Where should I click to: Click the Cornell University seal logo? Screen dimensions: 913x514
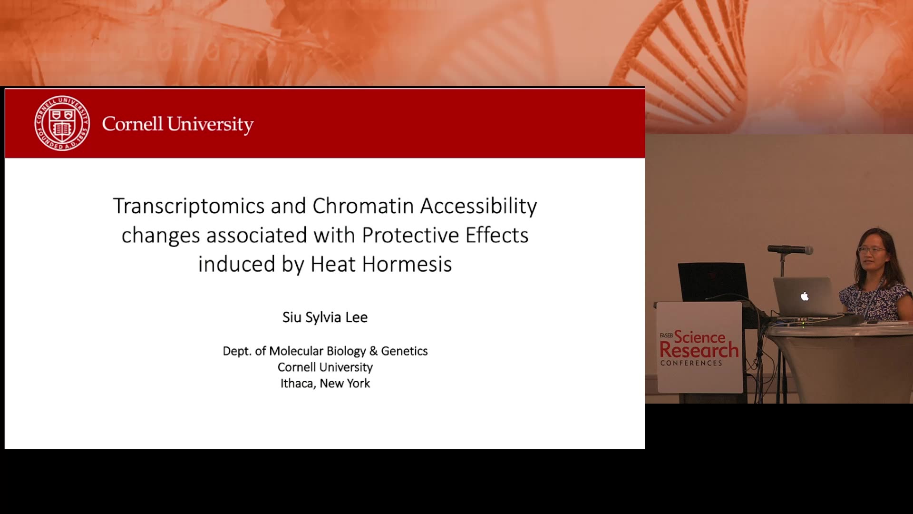[62, 123]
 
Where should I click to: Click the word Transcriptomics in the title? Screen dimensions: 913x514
[189, 207]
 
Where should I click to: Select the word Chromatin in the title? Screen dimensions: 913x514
[363, 206]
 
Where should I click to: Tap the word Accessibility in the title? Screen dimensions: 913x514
[479, 207]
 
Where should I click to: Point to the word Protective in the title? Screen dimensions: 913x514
[411, 235]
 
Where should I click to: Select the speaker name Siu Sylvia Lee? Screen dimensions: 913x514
[325, 317]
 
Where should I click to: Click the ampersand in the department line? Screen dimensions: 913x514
[373, 351]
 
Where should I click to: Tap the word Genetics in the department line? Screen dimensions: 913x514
[404, 351]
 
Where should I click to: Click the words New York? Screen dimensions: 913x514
[345, 384]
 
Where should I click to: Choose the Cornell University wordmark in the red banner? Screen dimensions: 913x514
[177, 124]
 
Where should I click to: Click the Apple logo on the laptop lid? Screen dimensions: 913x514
[805, 297]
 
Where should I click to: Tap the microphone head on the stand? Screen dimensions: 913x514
[790, 249]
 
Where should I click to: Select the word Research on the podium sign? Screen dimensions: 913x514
[699, 350]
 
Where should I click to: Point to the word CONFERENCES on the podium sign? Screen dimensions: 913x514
[691, 363]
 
